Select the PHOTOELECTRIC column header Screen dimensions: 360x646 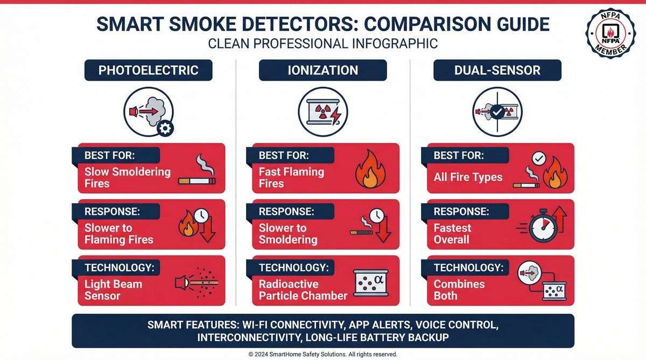pyautogui.click(x=148, y=70)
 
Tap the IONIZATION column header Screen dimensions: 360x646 pyautogui.click(x=322, y=70)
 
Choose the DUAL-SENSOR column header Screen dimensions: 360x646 pyautogui.click(x=497, y=70)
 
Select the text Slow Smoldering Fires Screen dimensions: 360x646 pyautogui.click(x=127, y=178)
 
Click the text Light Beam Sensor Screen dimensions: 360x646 pyautogui.click(x=113, y=290)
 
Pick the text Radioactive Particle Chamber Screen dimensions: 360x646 pyautogui.click(x=303, y=290)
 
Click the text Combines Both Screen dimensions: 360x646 pyautogui.click(x=459, y=290)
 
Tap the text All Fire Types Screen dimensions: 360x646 pyautogui.click(x=468, y=177)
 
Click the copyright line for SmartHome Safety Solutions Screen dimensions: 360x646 pyautogui.click(x=322, y=354)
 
